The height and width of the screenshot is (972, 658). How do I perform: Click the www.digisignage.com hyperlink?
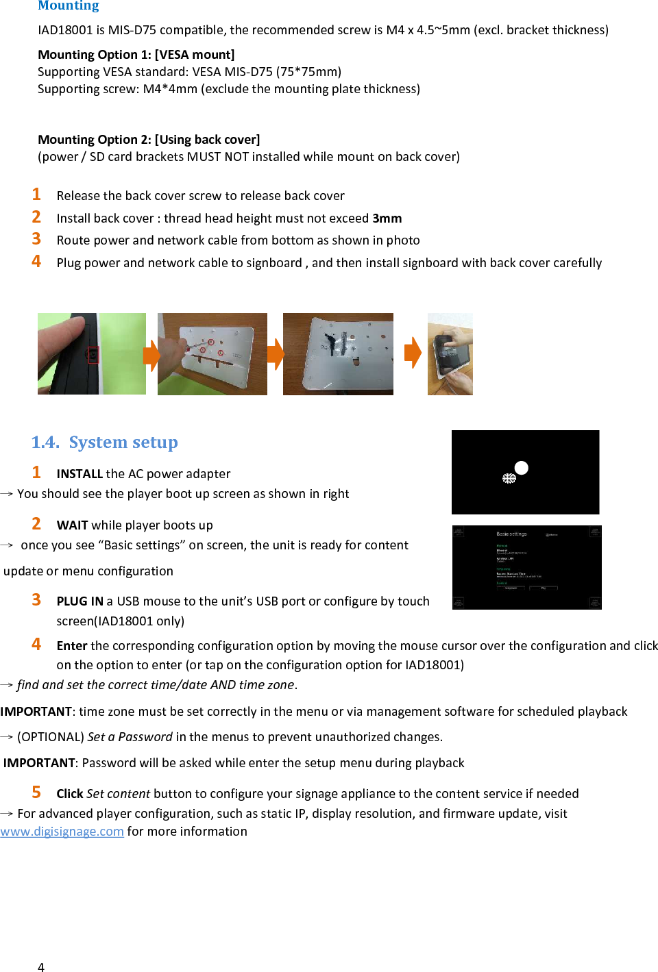tap(62, 832)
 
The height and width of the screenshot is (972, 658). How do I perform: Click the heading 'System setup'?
tap(123, 443)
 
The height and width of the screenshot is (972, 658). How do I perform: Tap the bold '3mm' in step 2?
tap(387, 219)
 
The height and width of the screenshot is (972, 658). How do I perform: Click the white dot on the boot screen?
tap(522, 468)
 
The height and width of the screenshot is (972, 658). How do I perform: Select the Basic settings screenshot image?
tap(526, 567)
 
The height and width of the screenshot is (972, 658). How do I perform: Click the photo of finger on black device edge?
tap(91, 353)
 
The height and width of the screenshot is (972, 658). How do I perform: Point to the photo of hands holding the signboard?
tap(450, 354)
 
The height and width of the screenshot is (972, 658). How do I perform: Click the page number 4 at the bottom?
tap(41, 967)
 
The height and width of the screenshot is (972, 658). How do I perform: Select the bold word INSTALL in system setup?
tap(80, 474)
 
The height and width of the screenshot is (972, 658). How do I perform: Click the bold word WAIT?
tap(72, 525)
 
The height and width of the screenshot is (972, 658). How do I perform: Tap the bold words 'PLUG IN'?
tap(80, 601)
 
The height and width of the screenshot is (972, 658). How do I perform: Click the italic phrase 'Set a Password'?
tap(130, 737)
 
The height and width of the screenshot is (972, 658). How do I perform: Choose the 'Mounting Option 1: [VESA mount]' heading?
tap(136, 55)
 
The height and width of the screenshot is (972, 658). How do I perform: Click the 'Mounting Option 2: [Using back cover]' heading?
tap(149, 140)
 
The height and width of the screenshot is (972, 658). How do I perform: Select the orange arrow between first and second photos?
tap(151, 354)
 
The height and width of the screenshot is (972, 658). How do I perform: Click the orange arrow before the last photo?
tap(413, 353)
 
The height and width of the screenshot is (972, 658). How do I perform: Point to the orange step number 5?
tap(36, 793)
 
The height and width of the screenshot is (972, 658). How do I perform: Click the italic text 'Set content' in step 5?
tap(118, 794)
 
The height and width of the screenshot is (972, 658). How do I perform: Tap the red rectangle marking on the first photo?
tap(93, 355)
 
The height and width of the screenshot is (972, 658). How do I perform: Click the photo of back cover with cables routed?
tap(338, 354)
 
